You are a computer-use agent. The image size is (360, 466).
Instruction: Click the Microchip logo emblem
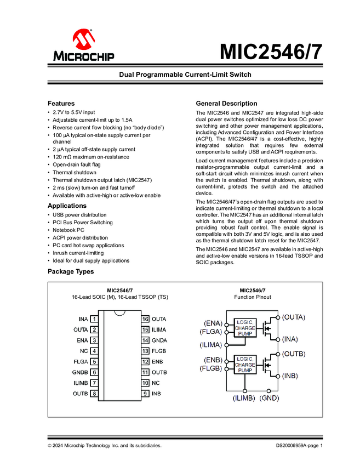[x=84, y=39]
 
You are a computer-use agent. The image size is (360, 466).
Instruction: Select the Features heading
[x=61, y=103]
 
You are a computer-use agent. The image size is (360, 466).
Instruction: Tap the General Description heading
[x=226, y=103]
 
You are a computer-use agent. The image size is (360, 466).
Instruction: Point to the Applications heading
[x=67, y=206]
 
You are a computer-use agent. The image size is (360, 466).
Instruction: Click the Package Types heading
[x=70, y=271]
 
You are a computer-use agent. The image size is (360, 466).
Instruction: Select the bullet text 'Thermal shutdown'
[x=74, y=172]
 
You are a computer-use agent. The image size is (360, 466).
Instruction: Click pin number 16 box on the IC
[x=145, y=319]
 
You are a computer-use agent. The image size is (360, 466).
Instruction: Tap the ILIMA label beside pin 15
[x=159, y=329]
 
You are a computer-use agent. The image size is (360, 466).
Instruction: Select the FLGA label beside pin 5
[x=81, y=362]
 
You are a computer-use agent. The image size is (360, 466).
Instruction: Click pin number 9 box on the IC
[x=145, y=394]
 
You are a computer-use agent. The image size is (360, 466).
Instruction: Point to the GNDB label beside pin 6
[x=81, y=372]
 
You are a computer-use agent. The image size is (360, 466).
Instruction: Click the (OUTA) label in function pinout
[x=294, y=317]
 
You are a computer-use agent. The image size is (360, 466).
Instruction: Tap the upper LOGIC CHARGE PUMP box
[x=245, y=328]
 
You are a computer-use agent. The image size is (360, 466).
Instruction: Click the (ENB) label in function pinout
[x=214, y=360]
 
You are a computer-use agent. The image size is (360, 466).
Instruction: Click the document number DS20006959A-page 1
[x=299, y=446]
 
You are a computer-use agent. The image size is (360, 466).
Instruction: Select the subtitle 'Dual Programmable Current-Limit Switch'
[x=185, y=74]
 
